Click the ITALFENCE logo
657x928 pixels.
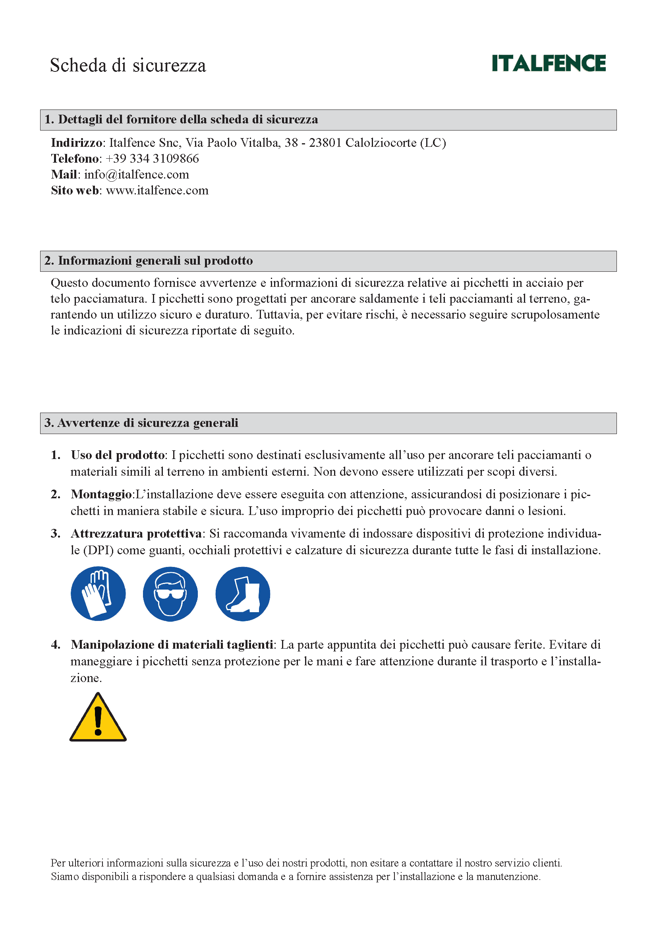click(549, 63)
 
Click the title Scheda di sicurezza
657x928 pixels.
click(128, 65)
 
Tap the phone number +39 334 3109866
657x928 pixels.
click(152, 158)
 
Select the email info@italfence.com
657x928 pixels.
click(136, 175)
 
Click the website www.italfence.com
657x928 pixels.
click(157, 190)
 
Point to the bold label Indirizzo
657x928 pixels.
click(76, 143)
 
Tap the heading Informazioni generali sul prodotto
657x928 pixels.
click(155, 261)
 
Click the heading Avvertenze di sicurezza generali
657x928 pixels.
click(148, 423)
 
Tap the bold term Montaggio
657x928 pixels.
click(101, 494)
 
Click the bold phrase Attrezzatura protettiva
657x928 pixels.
click(136, 534)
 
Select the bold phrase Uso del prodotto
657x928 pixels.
click(118, 455)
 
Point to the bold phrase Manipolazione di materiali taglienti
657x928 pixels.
click(172, 645)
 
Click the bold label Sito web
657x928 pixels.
click(75, 190)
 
